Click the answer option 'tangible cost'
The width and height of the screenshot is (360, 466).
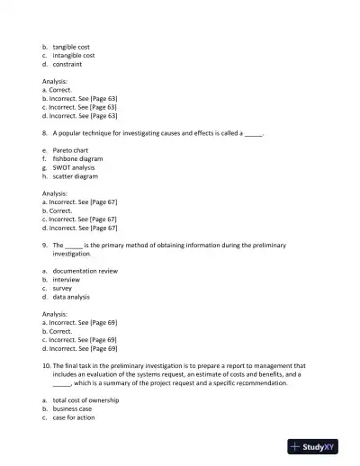point(71,46)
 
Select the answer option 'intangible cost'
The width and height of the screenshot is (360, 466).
point(74,55)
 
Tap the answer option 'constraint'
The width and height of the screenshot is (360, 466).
point(67,64)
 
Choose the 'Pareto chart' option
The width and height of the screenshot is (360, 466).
point(73,149)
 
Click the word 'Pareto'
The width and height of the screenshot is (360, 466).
point(63,149)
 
